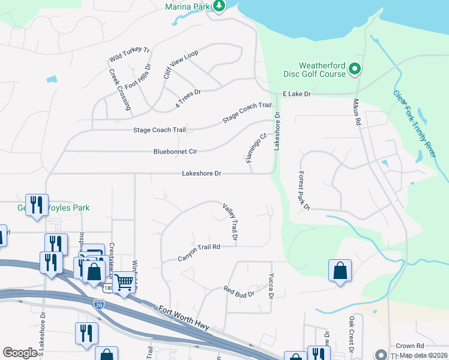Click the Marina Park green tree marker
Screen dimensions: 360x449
(x=220, y=6)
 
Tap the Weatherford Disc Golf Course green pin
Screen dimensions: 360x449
(x=354, y=70)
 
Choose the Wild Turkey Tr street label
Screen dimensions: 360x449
(x=129, y=55)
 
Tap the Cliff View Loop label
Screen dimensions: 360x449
(x=181, y=65)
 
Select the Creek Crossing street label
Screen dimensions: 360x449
(x=120, y=89)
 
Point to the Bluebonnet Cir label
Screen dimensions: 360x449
(x=175, y=152)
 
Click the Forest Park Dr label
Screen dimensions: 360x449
(x=304, y=190)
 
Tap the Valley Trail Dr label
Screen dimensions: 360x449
(x=231, y=223)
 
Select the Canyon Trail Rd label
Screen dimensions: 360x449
(x=199, y=253)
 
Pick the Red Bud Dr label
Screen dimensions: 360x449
(x=240, y=292)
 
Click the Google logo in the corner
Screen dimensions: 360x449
(x=20, y=353)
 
